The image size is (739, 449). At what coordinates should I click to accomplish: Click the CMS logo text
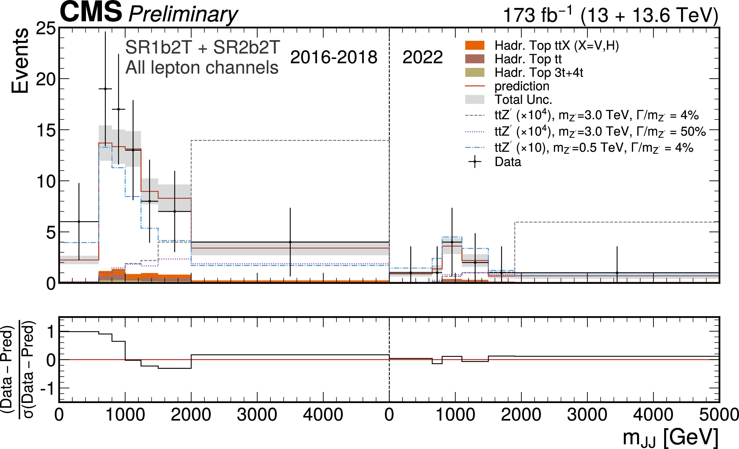(x=91, y=12)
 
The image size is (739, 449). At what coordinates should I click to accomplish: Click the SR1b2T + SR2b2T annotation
(x=203, y=47)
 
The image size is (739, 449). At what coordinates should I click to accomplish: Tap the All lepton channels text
(x=202, y=68)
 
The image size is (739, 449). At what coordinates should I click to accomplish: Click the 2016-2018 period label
(x=334, y=57)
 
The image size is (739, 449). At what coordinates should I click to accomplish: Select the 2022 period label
(x=422, y=57)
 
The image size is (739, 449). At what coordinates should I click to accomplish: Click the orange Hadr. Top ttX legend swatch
(x=474, y=45)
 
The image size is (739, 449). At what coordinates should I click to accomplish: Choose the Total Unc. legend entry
(x=523, y=99)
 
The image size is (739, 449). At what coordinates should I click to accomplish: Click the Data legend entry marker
(x=475, y=162)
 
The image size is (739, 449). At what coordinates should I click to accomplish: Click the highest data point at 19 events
(x=105, y=89)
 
